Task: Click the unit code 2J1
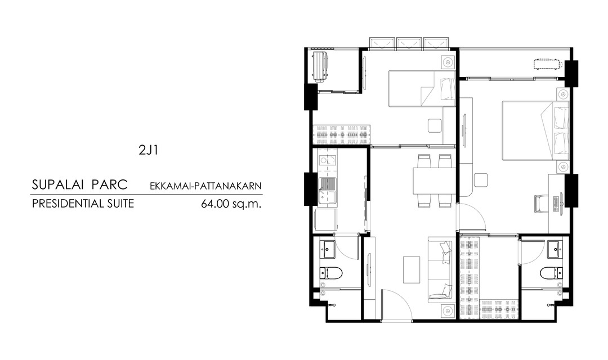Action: coord(148,150)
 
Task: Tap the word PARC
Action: coord(110,184)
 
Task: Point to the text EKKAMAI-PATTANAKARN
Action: coord(206,186)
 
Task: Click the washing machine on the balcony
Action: coord(320,66)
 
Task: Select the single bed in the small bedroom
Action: coord(422,88)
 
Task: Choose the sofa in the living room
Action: coord(440,269)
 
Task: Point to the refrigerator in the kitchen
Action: coord(325,221)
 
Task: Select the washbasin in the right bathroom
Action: coord(555,249)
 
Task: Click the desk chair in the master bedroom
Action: coord(541,204)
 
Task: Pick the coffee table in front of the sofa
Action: coord(412,269)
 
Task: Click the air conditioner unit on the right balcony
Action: coord(547,64)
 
